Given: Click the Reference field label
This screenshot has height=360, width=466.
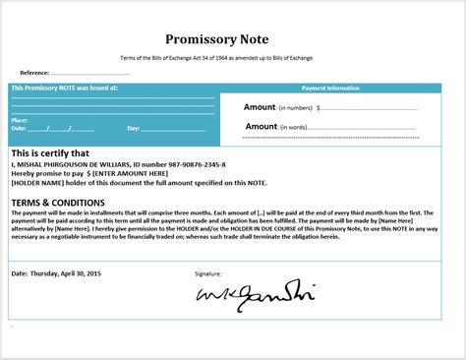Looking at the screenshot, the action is (x=34, y=73).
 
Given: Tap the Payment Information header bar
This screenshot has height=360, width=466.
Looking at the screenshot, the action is (x=329, y=88).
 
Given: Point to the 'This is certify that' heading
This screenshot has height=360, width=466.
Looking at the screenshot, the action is (x=49, y=153).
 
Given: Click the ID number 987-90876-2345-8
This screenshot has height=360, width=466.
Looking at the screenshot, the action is (x=192, y=164).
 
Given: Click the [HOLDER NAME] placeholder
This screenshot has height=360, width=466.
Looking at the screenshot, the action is (x=37, y=183).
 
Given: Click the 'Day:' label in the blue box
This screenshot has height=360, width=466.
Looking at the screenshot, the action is (x=134, y=129).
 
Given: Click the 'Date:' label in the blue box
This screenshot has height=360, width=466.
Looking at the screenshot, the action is (x=18, y=129).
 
